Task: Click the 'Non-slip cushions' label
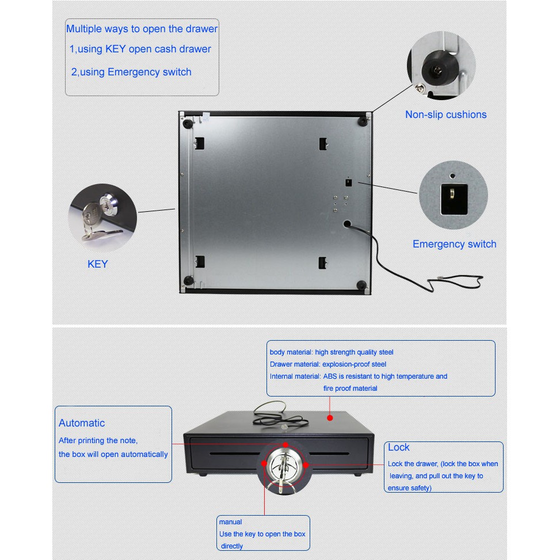point(445,115)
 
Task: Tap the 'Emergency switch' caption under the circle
point(454,244)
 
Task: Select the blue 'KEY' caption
point(97,264)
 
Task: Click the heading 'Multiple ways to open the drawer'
point(142,29)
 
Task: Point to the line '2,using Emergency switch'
point(131,72)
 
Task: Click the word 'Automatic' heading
point(82,423)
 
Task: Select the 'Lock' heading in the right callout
point(398,447)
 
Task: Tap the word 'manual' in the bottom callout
point(230,522)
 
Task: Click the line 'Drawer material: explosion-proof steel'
point(328,364)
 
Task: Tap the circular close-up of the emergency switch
point(453,196)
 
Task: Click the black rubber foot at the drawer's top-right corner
point(364,120)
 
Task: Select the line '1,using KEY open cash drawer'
point(140,49)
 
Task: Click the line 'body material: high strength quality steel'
point(332,352)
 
